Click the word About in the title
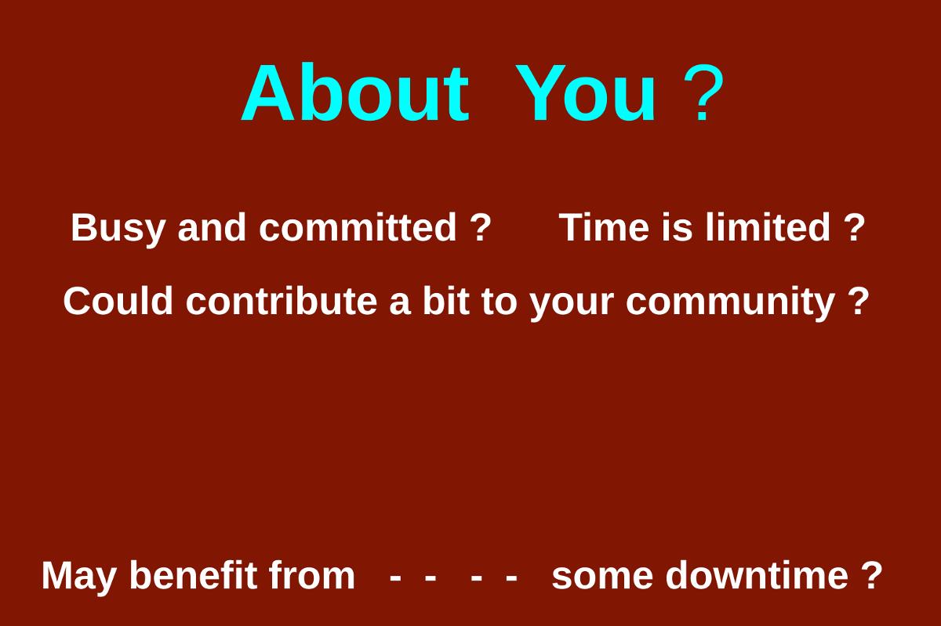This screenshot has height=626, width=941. [x=355, y=92]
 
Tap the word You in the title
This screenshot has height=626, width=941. [x=585, y=93]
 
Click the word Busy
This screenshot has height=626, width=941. [x=118, y=229]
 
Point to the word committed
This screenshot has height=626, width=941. [x=357, y=227]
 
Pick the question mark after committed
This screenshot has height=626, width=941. [x=480, y=227]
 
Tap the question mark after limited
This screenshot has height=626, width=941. [x=855, y=227]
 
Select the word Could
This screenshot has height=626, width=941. [x=118, y=301]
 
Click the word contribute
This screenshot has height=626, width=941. [x=282, y=301]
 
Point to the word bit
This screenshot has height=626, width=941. [x=445, y=301]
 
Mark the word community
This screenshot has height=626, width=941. [x=730, y=303]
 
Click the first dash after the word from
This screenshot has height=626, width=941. [x=395, y=578]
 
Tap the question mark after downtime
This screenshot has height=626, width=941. [x=872, y=575]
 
